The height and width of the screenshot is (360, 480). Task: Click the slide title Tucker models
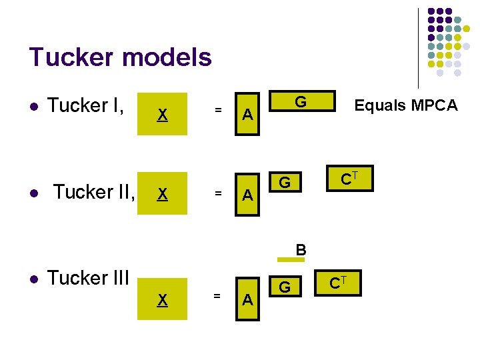[120, 58]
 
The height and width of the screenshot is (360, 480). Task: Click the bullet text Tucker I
[87, 105]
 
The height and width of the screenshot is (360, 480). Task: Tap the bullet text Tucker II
[94, 192]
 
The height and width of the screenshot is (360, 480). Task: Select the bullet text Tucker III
[88, 278]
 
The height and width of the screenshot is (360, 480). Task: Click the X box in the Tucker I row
[162, 114]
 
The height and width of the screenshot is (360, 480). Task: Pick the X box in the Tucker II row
[162, 193]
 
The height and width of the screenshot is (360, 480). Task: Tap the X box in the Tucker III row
[162, 300]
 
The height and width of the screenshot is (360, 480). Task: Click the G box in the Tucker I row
[301, 102]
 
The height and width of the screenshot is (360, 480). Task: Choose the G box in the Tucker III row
[285, 287]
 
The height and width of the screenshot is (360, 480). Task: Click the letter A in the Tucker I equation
[247, 115]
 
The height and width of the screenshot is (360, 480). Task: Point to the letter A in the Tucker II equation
[247, 195]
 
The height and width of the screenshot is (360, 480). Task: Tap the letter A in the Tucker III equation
[247, 301]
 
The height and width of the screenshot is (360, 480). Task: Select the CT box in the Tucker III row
[337, 285]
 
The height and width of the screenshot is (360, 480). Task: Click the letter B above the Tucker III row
[301, 250]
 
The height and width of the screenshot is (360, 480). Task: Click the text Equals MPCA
[405, 105]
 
